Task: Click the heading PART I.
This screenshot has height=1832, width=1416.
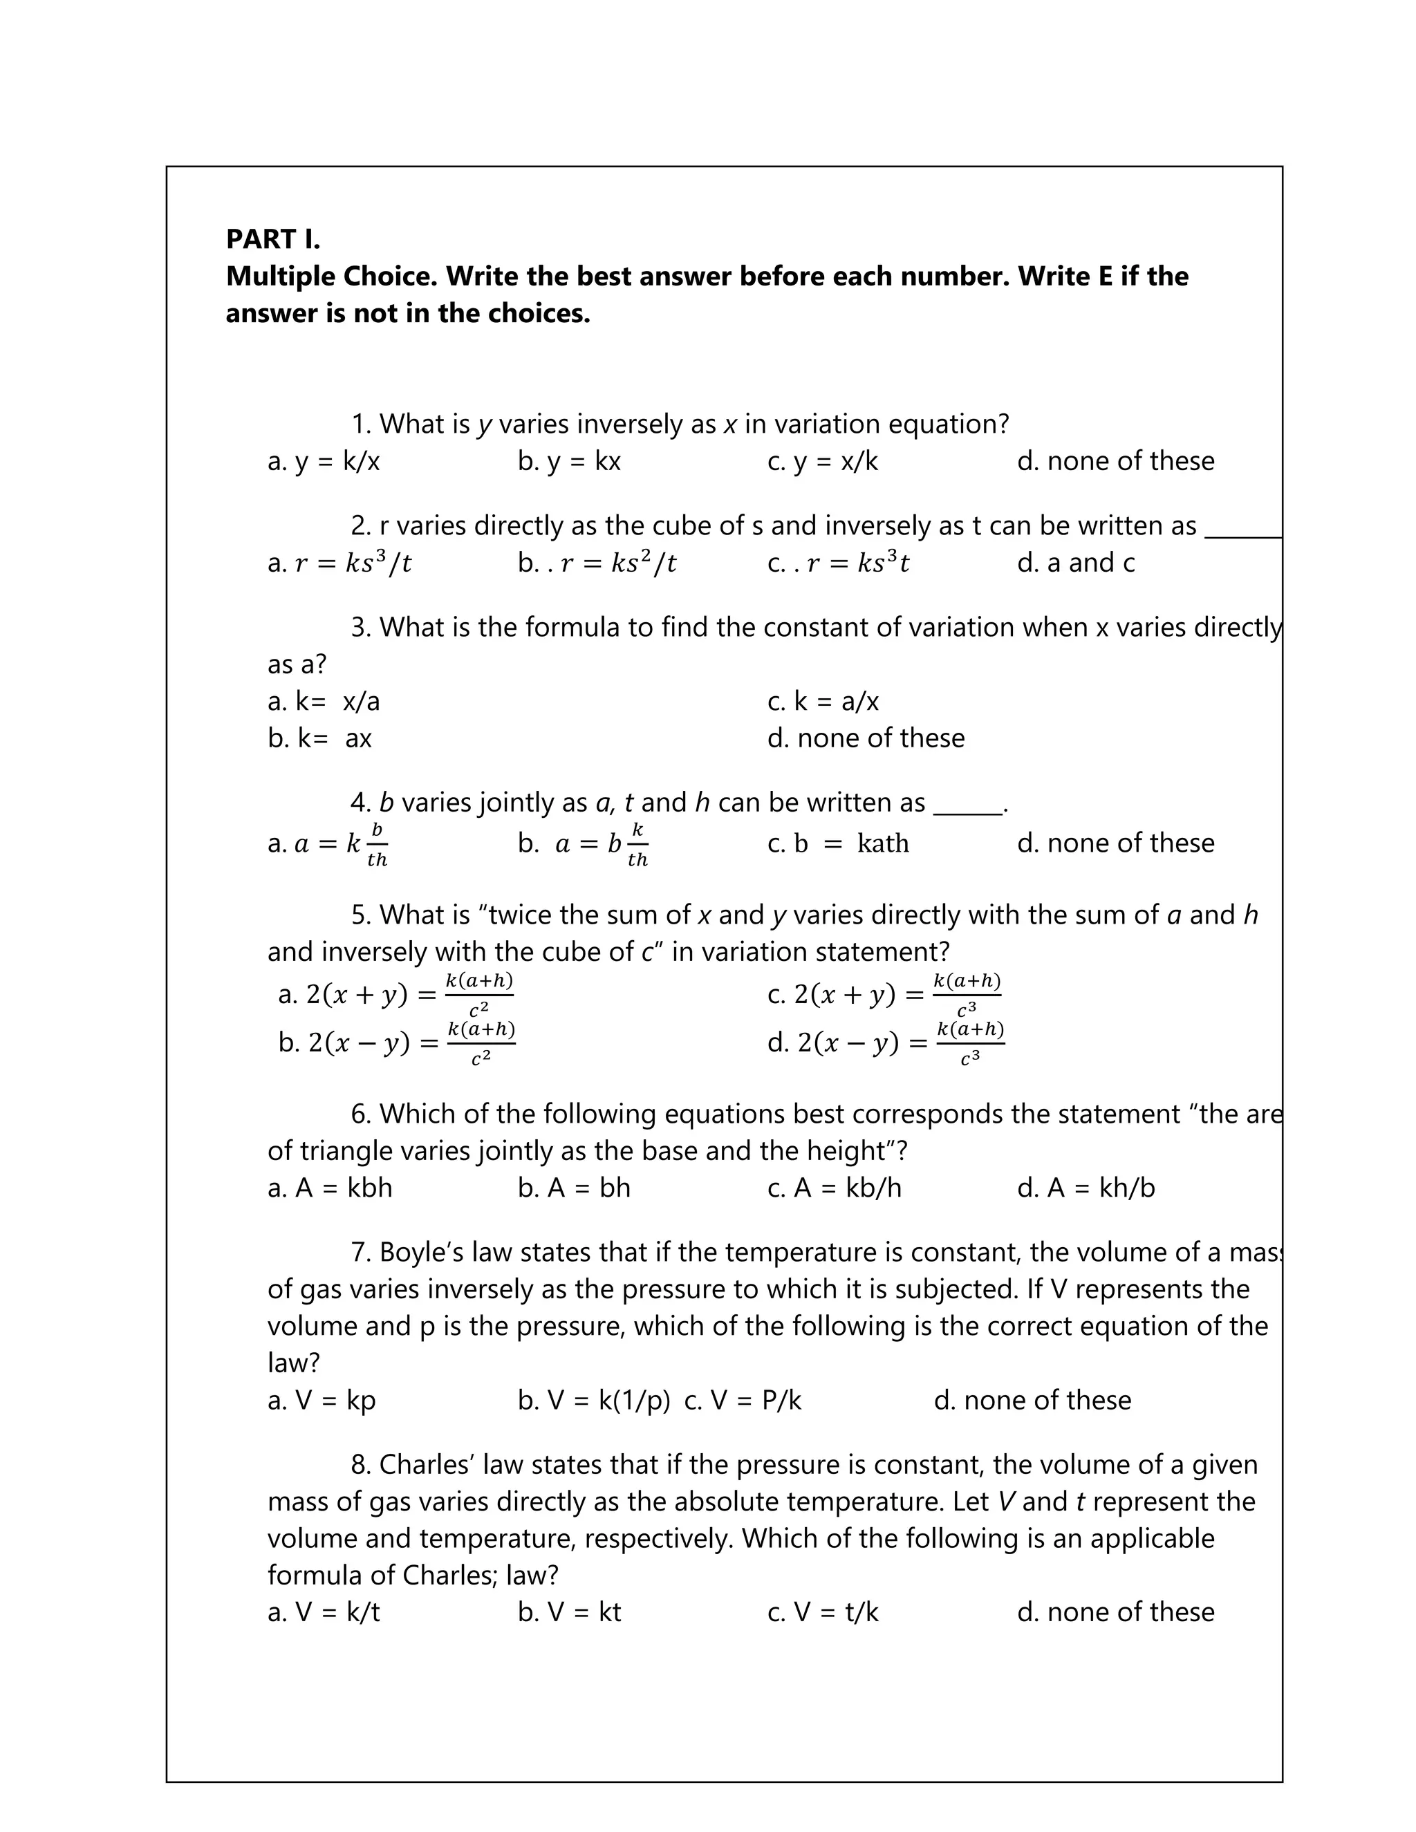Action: click(x=272, y=239)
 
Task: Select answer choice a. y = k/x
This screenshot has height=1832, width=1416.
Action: click(x=323, y=461)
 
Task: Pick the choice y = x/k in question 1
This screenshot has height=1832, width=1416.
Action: click(x=822, y=461)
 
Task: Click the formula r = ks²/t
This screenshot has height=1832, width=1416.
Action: click(x=597, y=563)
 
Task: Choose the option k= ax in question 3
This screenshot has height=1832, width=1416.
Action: click(x=319, y=738)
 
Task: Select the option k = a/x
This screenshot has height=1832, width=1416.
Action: click(x=822, y=701)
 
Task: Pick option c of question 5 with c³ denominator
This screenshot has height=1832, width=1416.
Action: click(x=884, y=995)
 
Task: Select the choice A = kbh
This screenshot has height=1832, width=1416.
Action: click(x=330, y=1188)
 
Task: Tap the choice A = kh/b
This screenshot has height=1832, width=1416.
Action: click(x=1086, y=1188)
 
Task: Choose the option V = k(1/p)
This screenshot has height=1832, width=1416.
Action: click(x=594, y=1400)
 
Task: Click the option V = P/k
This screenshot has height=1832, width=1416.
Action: click(x=743, y=1400)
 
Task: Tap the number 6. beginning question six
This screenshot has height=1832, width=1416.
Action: click(x=361, y=1114)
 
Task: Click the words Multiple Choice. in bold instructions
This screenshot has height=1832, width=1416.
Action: click(x=331, y=276)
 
